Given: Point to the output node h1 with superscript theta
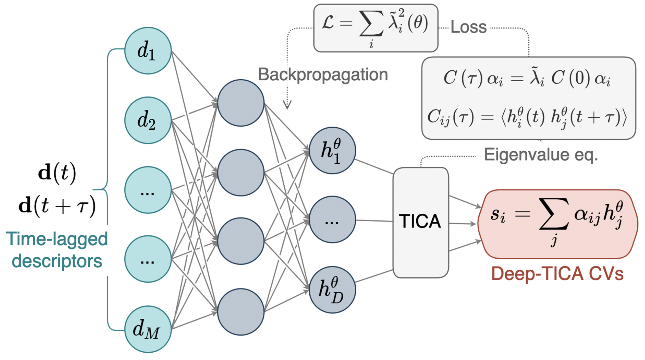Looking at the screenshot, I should tap(332, 151).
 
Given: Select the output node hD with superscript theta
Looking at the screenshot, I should tap(332, 290).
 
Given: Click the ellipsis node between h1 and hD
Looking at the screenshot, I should tap(332, 220).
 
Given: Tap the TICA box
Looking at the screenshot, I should tap(421, 222).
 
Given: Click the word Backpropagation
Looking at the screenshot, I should tap(323, 74).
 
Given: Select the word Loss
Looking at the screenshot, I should tap(468, 27).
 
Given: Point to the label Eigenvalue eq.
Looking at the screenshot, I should tap(541, 154).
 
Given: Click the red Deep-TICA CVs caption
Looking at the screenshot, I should tap(557, 273).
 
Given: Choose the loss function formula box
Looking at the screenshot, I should tap(375, 28).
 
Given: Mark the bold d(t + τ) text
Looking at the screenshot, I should tap(57, 206).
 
